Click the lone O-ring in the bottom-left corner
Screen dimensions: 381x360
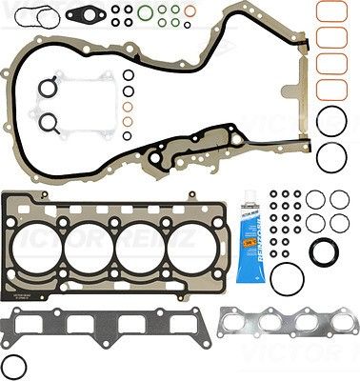pyautogui.click(x=14, y=365)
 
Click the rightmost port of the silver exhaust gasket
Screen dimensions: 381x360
pyautogui.click(x=327, y=327)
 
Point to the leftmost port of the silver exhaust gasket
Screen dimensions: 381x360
pyautogui.click(x=242, y=327)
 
